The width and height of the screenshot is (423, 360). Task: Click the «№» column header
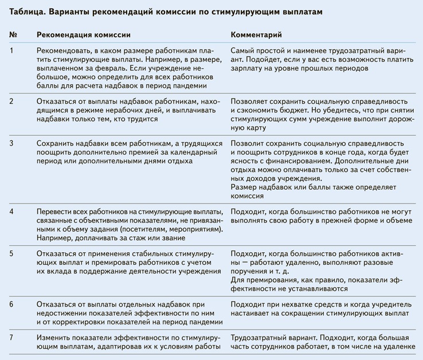[x=13, y=35]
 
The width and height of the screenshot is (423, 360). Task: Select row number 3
[x=12, y=142]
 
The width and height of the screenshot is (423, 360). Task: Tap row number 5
[x=12, y=253]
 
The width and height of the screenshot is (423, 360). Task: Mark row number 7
[x=12, y=335]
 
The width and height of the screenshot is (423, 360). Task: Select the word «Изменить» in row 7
[x=53, y=335]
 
